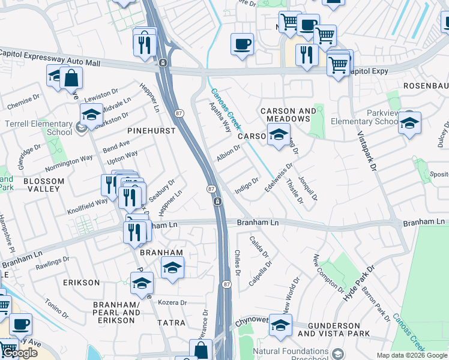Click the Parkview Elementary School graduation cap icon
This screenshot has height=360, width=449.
[409, 123]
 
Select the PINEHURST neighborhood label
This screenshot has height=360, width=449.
[151, 130]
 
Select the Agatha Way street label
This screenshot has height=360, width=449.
[220, 116]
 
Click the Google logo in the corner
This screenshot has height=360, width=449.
[19, 353]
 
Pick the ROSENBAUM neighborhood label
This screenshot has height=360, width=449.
[426, 86]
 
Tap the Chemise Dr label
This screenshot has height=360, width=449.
[23, 103]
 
